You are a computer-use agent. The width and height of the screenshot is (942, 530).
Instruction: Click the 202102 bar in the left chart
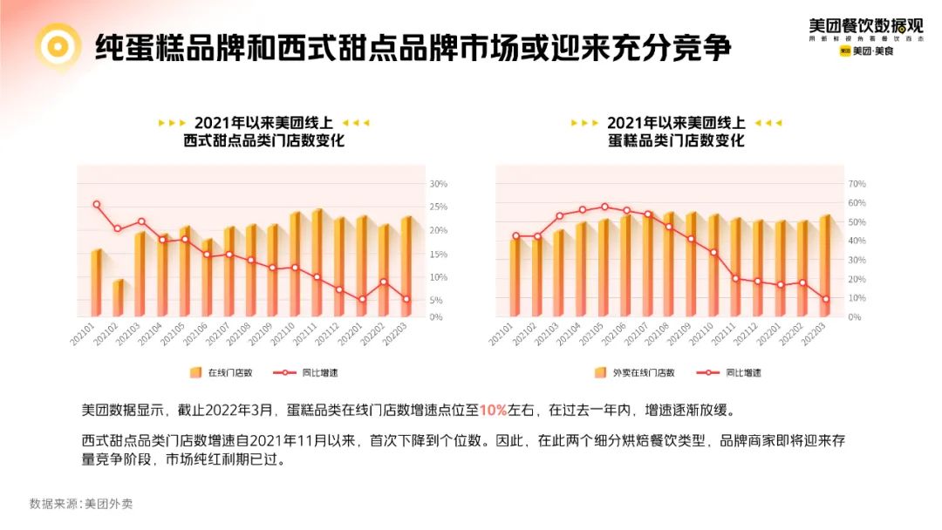pyautogui.click(x=118, y=298)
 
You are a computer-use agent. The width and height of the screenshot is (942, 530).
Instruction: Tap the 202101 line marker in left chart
pyautogui.click(x=96, y=205)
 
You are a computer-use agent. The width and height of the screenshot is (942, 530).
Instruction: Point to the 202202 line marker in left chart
pyautogui.click(x=384, y=282)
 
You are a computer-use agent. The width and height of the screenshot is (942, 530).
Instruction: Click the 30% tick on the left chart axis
pyautogui.click(x=439, y=184)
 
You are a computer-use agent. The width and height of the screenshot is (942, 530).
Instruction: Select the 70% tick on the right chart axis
pyautogui.click(x=856, y=184)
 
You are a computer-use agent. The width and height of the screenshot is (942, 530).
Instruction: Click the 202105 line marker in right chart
pyautogui.click(x=604, y=207)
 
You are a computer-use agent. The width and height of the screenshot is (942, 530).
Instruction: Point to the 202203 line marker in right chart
pyautogui.click(x=825, y=299)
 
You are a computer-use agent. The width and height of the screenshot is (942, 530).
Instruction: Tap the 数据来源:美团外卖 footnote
pyautogui.click(x=81, y=503)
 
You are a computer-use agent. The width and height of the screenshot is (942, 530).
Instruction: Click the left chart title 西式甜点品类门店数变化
pyautogui.click(x=264, y=140)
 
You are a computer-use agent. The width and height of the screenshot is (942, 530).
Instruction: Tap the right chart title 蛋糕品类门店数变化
pyautogui.click(x=676, y=140)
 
